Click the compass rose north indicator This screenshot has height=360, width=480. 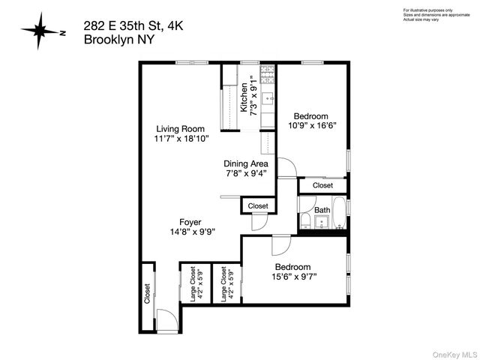click(41, 31)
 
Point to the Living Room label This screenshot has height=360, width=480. click(181, 128)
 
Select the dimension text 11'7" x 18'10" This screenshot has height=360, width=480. click(181, 139)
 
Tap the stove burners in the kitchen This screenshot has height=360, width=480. click(267, 74)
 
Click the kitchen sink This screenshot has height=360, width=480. click(268, 98)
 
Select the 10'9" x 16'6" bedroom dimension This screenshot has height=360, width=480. click(310, 126)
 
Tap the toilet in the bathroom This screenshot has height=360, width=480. click(307, 220)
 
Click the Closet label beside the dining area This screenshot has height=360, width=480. click(257, 205)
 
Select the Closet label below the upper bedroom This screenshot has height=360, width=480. click(322, 184)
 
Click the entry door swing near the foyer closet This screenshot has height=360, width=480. click(169, 320)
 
